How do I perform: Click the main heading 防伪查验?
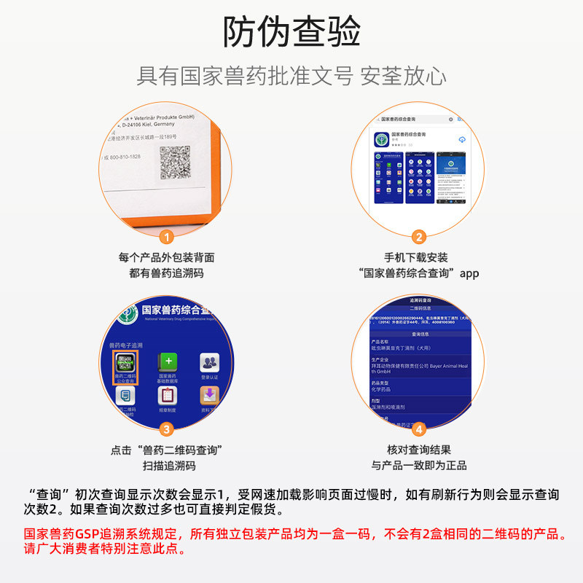291,32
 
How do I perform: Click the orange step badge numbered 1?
166,237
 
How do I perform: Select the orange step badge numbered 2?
418,237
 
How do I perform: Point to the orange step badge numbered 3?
166,429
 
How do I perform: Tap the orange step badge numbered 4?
418,429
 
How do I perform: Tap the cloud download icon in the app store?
461,138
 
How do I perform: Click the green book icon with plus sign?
168,363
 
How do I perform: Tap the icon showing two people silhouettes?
210,362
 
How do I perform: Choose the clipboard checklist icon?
168,395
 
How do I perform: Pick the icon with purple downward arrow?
210,395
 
